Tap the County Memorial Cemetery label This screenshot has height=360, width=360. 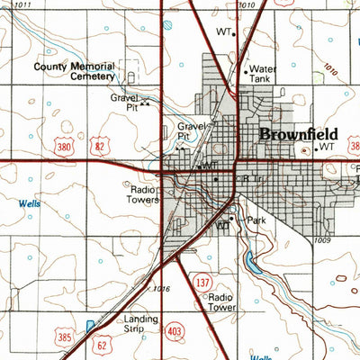click(x=75, y=71)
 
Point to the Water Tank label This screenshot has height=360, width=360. click(x=263, y=73)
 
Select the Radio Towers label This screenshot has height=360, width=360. click(x=143, y=195)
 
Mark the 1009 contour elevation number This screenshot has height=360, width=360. click(x=324, y=241)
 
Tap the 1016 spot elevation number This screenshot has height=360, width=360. click(x=161, y=288)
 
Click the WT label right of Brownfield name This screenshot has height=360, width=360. click(x=326, y=145)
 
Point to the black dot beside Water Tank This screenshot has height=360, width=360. click(x=245, y=69)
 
